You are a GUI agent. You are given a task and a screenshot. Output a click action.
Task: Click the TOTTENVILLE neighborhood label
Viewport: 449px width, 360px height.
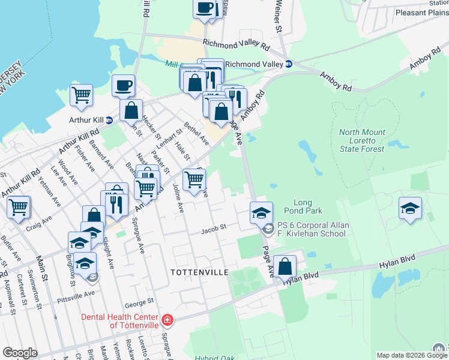click(x=199, y=272)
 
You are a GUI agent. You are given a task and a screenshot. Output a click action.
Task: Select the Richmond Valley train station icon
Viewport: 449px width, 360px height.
click(x=288, y=64)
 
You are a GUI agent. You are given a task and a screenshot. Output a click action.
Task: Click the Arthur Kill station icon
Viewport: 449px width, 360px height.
click(x=109, y=120)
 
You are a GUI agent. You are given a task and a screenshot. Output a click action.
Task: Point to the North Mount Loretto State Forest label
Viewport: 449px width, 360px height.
click(x=361, y=140)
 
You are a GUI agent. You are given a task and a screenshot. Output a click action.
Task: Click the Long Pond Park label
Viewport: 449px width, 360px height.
click(x=307, y=206)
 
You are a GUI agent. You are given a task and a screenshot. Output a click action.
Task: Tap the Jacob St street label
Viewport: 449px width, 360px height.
click(x=213, y=228)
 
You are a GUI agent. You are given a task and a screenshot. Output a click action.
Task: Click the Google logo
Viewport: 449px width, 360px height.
click(x=20, y=353)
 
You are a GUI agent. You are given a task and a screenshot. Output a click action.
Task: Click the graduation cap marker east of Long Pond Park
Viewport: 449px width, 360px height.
click(x=409, y=208)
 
